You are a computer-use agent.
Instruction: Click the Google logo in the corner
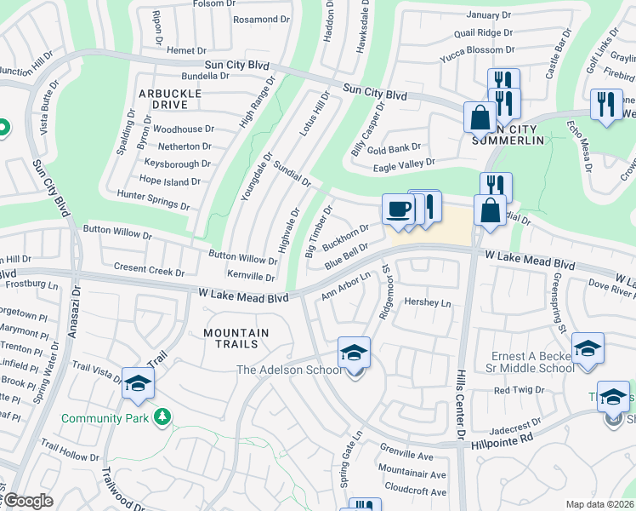click(x=27, y=501)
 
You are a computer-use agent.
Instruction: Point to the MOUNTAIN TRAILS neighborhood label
click(x=235, y=333)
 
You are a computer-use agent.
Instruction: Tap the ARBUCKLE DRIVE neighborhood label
click(x=171, y=99)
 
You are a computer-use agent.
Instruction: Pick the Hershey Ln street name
click(x=426, y=303)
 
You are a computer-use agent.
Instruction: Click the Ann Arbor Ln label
click(x=347, y=286)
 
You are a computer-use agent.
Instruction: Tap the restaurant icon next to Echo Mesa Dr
click(x=605, y=104)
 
